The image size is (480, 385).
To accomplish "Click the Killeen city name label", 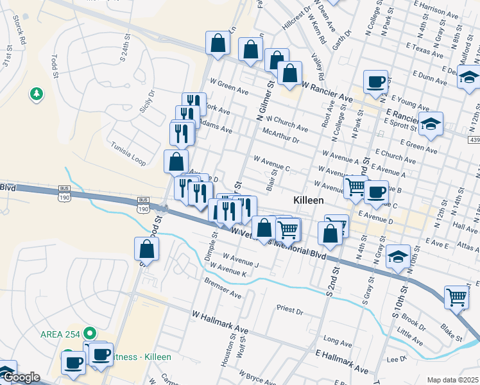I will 308,200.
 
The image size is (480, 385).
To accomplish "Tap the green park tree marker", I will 37,95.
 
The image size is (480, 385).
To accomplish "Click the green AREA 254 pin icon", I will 90,333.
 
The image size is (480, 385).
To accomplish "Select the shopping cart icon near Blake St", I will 457,297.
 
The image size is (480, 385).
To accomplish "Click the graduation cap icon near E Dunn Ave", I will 470,78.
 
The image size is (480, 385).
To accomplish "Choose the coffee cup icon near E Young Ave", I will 376,81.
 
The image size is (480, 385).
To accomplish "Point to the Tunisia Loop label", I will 129,153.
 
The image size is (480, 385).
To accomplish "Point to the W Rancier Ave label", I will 327,90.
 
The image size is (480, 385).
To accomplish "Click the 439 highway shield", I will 474,140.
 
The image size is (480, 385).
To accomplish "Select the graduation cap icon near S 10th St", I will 398,257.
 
